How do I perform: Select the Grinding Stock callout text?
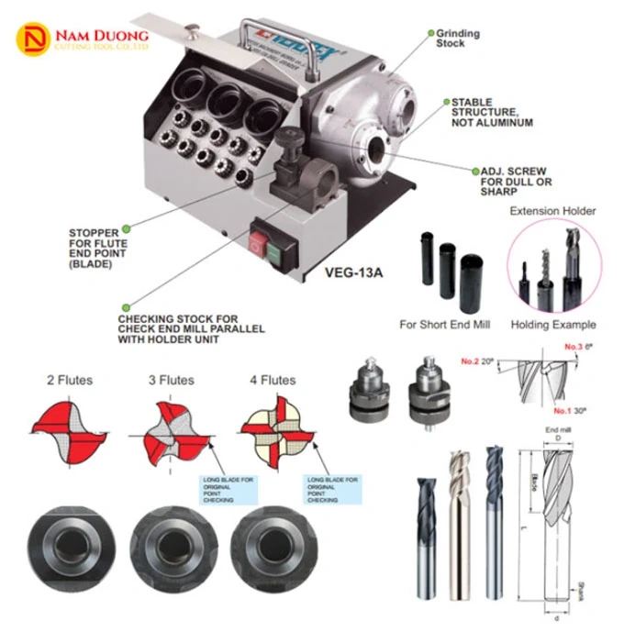pyautogui.click(x=458, y=39)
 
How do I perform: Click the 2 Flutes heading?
pyautogui.click(x=70, y=380)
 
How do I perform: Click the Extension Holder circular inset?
pyautogui.click(x=554, y=266)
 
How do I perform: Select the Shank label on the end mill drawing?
pyautogui.click(x=582, y=587)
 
